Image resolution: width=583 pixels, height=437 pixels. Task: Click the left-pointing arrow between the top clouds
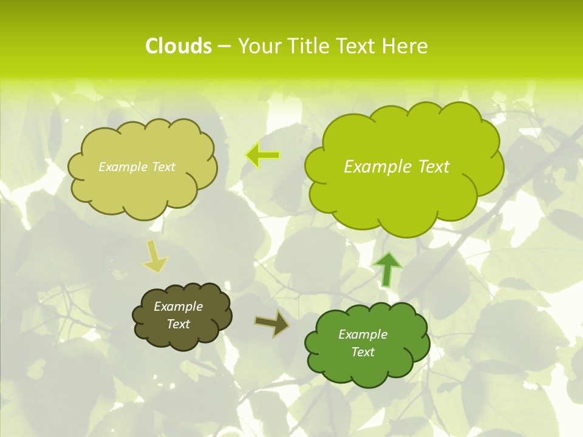pyautogui.click(x=263, y=155)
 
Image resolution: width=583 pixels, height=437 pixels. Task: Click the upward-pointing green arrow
pyautogui.click(x=388, y=269)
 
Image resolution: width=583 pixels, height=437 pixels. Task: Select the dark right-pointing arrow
pyautogui.click(x=273, y=323)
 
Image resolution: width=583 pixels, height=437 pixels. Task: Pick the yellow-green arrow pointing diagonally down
pyautogui.click(x=155, y=257)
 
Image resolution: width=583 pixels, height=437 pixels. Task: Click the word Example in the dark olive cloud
pyautogui.click(x=178, y=307)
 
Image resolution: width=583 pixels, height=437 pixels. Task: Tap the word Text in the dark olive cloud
pyautogui.click(x=178, y=324)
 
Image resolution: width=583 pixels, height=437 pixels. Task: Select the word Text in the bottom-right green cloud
pyautogui.click(x=363, y=352)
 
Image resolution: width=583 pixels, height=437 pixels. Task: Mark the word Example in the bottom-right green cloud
pyautogui.click(x=363, y=334)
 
